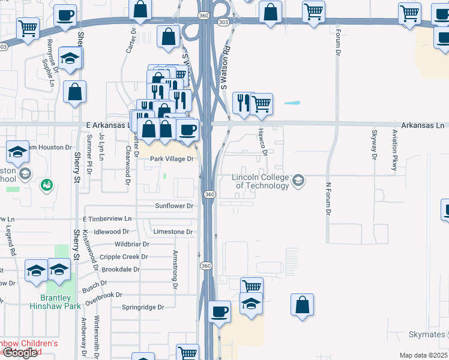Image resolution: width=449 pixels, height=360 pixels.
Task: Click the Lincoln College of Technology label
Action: [261, 181]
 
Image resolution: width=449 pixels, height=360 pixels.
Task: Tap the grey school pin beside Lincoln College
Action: [298, 180]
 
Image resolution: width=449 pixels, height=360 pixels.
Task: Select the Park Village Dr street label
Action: [172, 159]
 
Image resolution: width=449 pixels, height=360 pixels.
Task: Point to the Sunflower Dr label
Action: [174, 206]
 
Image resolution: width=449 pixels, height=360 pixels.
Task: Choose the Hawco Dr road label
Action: [262, 141]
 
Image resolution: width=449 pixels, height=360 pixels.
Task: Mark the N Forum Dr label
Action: [328, 198]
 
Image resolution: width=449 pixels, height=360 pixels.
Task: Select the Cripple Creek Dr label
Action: [124, 257]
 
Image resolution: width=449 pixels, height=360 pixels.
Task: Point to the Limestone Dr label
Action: [173, 232]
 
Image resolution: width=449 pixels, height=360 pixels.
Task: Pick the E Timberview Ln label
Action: [107, 219]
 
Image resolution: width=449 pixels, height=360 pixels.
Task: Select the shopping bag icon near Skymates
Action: [303, 304]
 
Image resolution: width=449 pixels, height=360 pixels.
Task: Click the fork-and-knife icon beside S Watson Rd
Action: [243, 103]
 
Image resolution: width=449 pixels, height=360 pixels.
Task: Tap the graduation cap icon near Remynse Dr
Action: [70, 59]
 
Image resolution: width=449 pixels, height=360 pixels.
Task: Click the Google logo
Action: [19, 353]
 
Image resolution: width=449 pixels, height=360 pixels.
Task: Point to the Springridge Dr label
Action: [143, 307]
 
